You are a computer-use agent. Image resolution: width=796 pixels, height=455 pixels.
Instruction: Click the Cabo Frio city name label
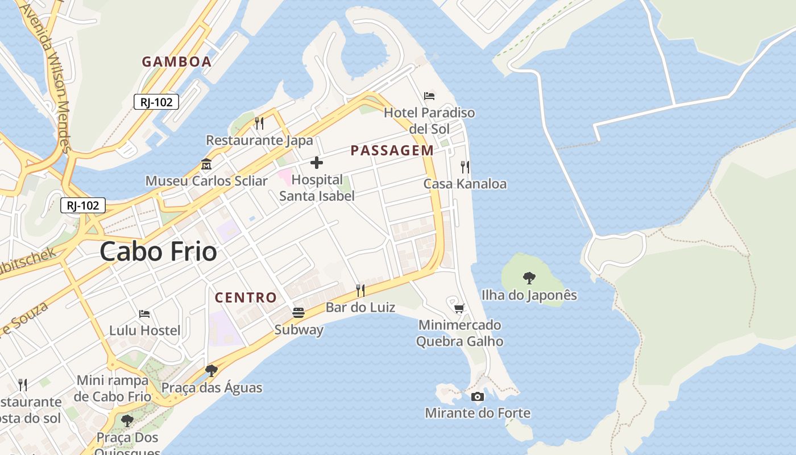tap(158, 252)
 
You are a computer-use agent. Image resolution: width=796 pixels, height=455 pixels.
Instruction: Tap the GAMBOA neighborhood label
tap(176, 62)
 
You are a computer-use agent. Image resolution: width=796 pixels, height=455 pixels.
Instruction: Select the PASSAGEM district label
tap(392, 151)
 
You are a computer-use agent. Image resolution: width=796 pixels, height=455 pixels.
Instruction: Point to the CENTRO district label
tap(246, 297)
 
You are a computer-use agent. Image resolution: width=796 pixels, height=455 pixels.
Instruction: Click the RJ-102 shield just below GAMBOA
tap(156, 102)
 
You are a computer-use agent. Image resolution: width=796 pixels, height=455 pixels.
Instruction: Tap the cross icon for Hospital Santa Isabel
tap(317, 163)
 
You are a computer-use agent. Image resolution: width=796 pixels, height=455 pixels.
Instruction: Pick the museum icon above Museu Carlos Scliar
tap(206, 164)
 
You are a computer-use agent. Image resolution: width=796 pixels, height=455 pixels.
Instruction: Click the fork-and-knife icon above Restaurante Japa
tap(259, 123)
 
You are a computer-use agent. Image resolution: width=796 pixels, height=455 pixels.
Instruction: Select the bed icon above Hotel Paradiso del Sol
tap(429, 96)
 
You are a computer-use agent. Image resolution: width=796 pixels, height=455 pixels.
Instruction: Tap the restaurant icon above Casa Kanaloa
tap(465, 167)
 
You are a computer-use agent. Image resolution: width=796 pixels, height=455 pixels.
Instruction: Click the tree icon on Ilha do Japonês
tap(529, 278)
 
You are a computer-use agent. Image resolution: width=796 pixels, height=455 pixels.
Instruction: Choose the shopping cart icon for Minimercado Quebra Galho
tap(459, 308)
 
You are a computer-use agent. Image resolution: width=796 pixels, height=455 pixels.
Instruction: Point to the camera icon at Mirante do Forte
tap(478, 396)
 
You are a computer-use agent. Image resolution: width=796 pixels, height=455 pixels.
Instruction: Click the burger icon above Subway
tap(298, 312)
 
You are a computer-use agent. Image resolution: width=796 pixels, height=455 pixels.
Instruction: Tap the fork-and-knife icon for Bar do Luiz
tap(360, 291)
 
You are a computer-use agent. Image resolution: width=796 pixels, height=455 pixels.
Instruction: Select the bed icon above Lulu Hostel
tap(144, 313)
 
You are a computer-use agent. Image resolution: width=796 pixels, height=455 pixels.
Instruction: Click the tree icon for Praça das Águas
tap(212, 371)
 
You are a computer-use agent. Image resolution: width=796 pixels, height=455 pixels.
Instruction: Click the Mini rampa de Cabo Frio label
tap(113, 388)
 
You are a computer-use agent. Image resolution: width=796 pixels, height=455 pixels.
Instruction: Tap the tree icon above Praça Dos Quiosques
tap(127, 421)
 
